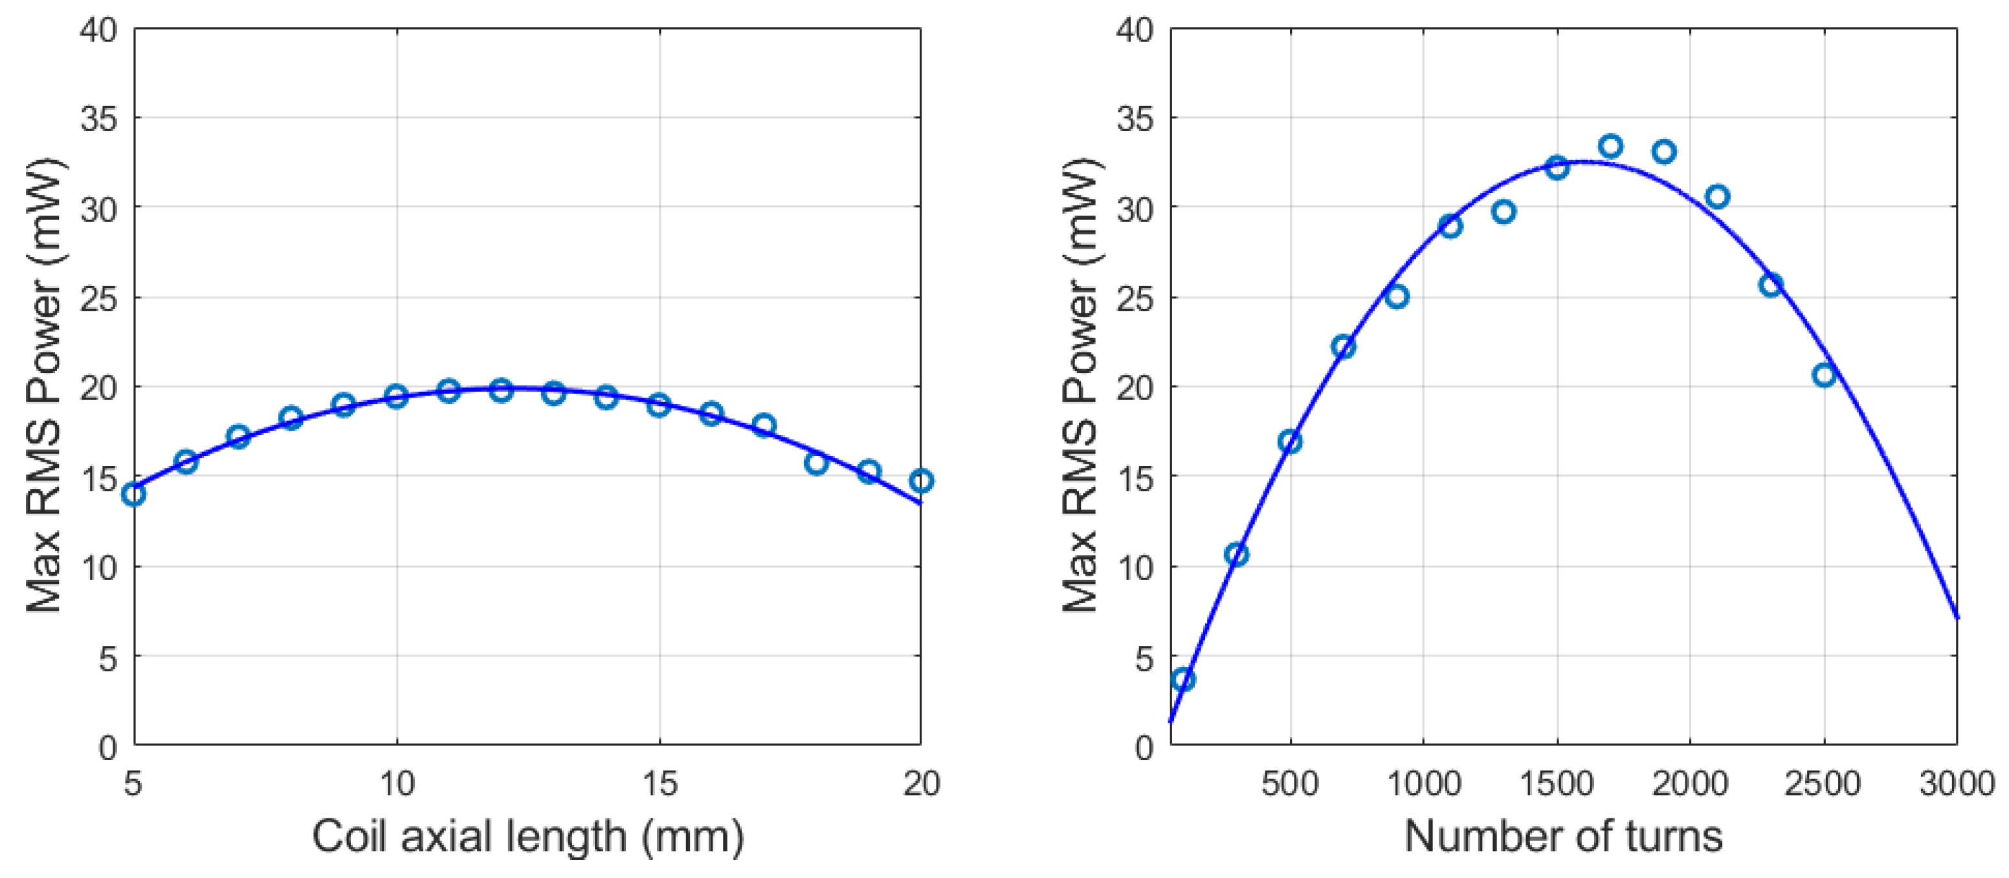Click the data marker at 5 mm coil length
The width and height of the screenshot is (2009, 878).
[x=133, y=493]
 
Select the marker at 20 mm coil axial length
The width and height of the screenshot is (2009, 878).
[x=921, y=480]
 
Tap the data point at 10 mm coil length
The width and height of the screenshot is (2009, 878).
[x=396, y=396]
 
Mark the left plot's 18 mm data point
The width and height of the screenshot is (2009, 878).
[x=816, y=463]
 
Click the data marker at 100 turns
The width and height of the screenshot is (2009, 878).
[x=1183, y=679]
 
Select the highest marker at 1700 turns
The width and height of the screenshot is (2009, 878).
[x=1610, y=146]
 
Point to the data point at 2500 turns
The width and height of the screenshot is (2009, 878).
[x=1824, y=376]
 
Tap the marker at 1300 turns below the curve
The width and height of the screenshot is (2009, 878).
[x=1504, y=212]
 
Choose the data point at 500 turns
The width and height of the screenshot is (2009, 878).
[x=1290, y=442]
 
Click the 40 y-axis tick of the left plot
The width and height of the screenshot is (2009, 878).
[x=98, y=31]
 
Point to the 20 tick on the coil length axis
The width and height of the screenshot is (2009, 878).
[x=922, y=783]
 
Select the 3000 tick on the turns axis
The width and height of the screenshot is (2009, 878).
[x=1957, y=783]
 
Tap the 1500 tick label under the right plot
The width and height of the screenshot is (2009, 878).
[x=1557, y=783]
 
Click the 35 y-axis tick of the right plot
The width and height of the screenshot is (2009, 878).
[x=1135, y=119]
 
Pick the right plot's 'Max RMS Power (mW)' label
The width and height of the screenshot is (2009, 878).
[x=1081, y=387]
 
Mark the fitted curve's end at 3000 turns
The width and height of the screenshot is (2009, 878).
[x=1956, y=616]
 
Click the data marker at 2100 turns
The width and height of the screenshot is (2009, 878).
[x=1717, y=197]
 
